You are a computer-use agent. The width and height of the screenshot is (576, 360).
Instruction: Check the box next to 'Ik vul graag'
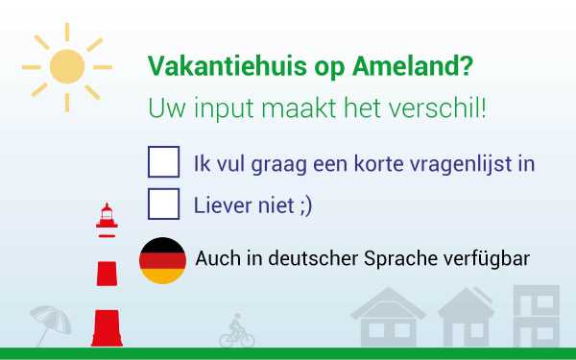point(163,162)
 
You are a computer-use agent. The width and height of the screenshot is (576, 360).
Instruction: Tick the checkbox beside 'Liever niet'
point(163,204)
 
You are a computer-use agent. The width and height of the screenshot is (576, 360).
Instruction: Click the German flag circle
point(163,260)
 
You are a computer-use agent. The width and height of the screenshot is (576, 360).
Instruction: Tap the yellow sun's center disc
point(67,66)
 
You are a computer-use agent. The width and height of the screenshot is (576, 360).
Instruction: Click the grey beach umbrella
point(50,323)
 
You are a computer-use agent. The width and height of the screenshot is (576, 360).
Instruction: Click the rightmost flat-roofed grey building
point(535,316)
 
